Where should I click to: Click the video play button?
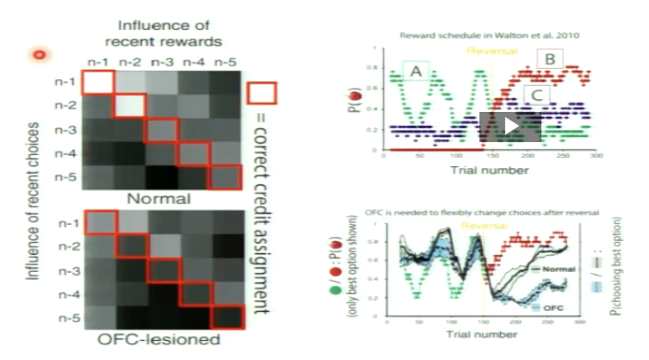510,126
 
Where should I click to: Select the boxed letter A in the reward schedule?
415,73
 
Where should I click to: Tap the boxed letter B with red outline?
551,59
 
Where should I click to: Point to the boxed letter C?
535,93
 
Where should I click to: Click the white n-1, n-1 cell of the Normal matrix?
96,83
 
